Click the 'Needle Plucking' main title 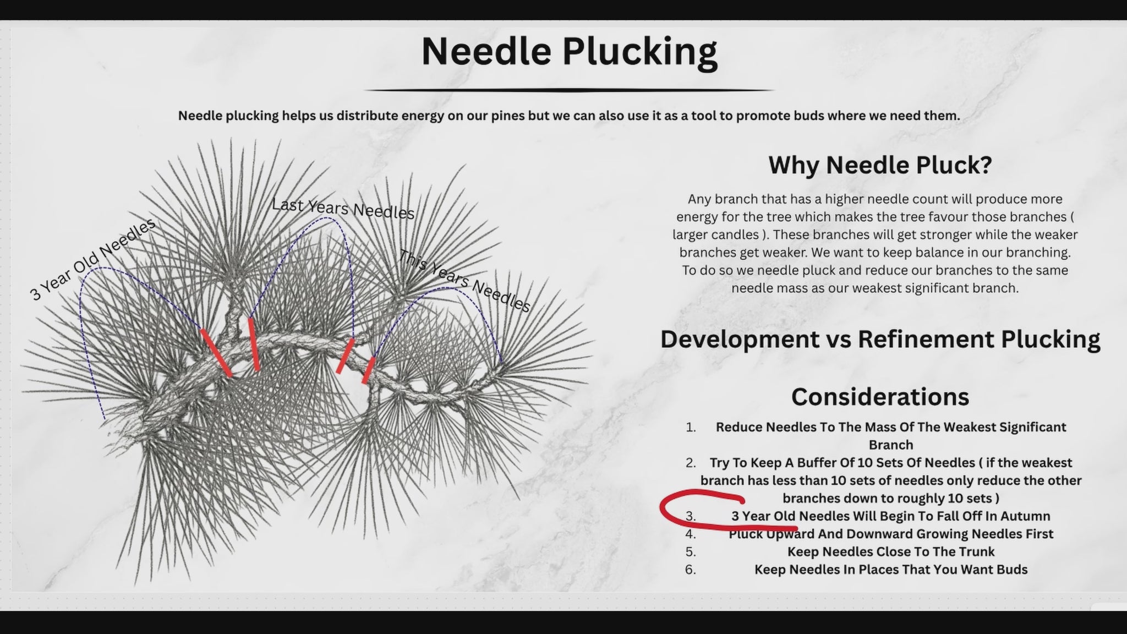569,52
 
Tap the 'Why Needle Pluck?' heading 880,165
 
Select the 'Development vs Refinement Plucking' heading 880,339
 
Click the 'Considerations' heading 880,397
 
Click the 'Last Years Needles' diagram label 343,209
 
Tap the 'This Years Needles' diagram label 464,281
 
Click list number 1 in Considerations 691,427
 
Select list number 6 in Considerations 691,570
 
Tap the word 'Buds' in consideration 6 1011,570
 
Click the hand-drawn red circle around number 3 662,512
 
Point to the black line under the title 569,90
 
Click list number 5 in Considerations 691,552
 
